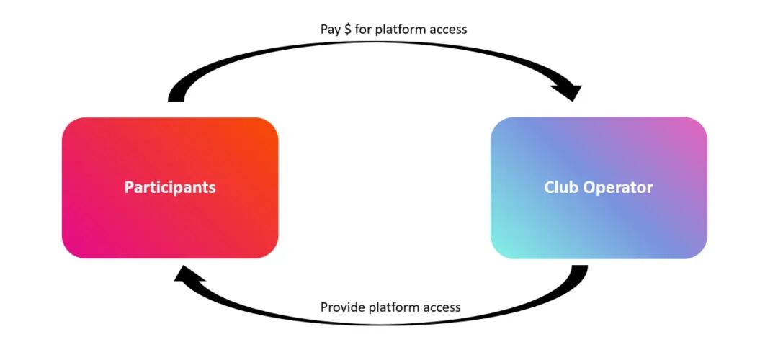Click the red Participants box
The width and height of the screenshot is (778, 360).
(170, 216)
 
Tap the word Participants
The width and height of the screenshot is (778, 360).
(170, 187)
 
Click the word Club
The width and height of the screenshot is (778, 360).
(560, 187)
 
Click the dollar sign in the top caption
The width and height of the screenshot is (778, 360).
(347, 30)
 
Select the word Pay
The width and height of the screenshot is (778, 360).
(330, 30)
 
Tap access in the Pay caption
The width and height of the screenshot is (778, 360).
(448, 30)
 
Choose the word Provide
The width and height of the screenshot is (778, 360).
(342, 307)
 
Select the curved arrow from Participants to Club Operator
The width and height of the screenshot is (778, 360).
(375, 54)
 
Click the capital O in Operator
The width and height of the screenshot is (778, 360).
(590, 188)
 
